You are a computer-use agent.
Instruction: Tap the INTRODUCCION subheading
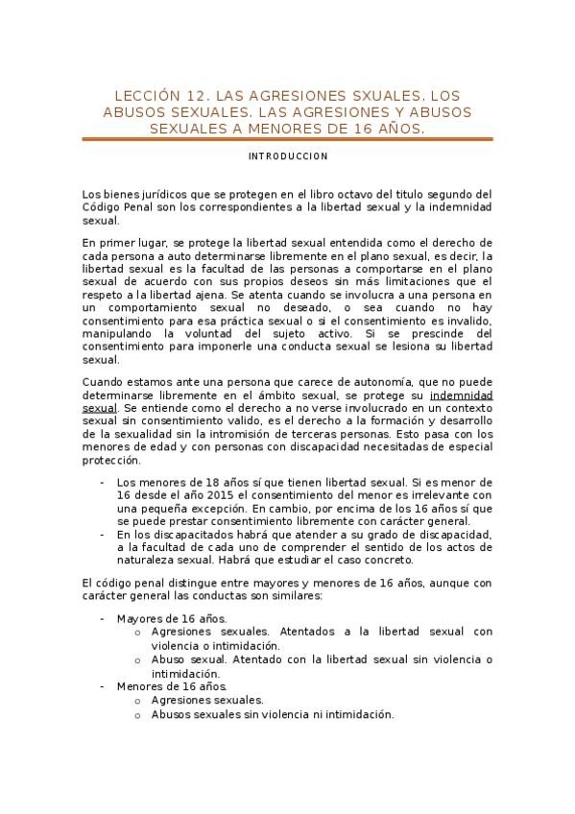point(288,156)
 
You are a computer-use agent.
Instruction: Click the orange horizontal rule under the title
point(288,139)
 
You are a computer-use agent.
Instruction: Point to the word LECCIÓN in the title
point(147,96)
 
